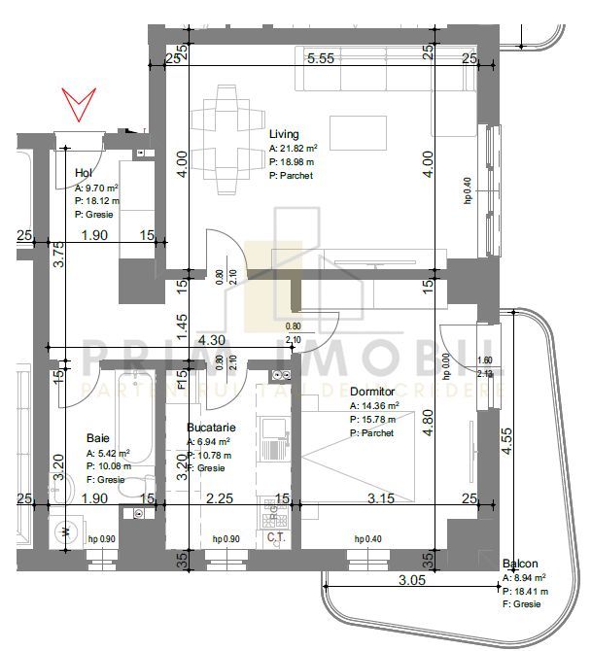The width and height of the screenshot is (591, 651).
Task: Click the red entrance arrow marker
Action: [79, 102]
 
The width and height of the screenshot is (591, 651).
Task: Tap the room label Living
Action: [284, 135]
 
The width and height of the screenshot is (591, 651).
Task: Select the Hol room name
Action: [84, 174]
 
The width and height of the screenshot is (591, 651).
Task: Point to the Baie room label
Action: [97, 437]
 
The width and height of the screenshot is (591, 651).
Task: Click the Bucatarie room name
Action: [211, 427]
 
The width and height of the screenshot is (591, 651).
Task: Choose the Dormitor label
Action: [372, 393]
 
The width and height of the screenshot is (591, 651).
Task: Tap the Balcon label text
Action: [521, 565]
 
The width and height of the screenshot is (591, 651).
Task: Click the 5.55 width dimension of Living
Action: [321, 58]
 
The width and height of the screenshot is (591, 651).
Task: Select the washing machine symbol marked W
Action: [65, 531]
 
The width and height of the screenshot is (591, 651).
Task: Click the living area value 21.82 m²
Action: [299, 149]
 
